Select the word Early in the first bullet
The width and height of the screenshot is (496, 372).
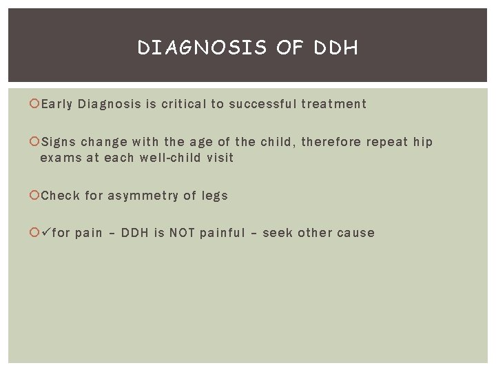(x=57, y=105)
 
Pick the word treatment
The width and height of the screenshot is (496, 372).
(x=333, y=105)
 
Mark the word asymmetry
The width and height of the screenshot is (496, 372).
(x=144, y=196)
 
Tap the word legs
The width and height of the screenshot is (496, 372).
(x=214, y=196)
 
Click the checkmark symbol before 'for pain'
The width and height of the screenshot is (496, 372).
(x=46, y=233)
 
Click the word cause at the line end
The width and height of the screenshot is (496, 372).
(x=356, y=233)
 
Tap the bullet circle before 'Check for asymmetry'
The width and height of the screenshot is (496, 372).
(x=35, y=196)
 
